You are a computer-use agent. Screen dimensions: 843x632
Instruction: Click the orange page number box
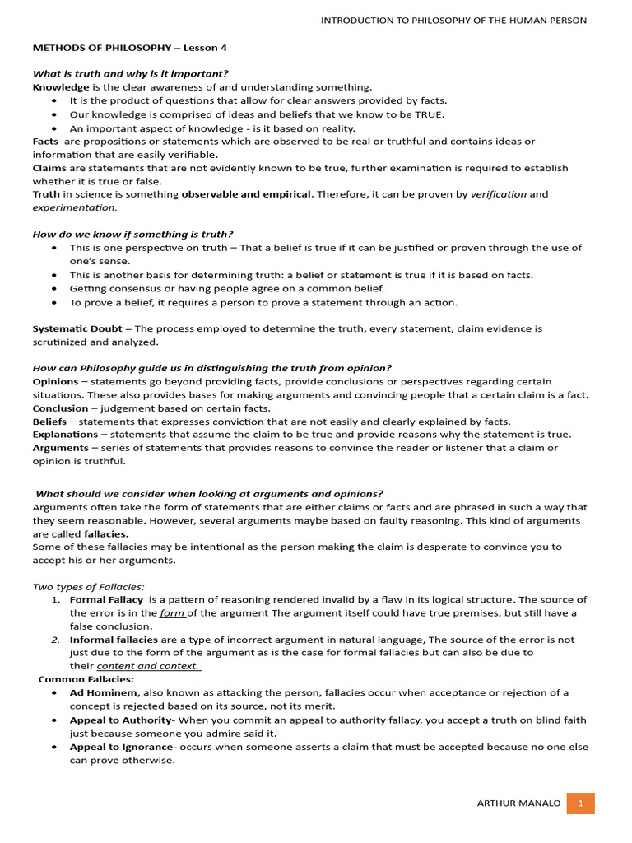[580, 803]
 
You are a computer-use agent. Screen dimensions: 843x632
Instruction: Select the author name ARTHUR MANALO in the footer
[518, 803]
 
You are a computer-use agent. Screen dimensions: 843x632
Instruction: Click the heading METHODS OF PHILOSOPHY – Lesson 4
[129, 48]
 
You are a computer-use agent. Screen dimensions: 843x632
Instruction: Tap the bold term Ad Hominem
[104, 692]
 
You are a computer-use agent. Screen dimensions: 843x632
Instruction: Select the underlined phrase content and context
[148, 666]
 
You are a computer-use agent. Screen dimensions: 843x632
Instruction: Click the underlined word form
[172, 612]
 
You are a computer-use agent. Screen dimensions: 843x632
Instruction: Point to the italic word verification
[498, 194]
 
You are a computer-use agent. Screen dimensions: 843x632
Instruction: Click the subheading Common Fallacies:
[86, 679]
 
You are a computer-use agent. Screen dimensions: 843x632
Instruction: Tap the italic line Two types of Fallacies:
[88, 586]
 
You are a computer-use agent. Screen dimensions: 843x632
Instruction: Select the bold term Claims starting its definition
[49, 168]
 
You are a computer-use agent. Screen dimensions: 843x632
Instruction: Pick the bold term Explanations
[65, 434]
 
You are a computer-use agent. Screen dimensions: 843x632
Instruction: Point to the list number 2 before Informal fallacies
[55, 640]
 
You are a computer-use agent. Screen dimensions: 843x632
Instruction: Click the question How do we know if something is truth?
[132, 234]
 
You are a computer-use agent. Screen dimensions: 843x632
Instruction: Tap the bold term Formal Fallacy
[106, 599]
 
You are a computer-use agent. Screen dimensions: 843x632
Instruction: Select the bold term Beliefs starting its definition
[50, 421]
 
